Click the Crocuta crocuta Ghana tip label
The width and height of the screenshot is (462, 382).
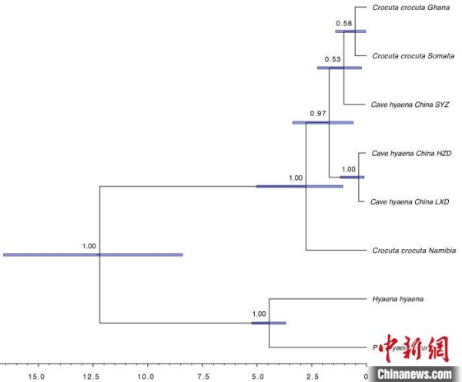click(x=410, y=8)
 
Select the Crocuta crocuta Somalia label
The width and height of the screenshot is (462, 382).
click(x=413, y=55)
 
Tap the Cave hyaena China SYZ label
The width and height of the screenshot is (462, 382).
click(x=410, y=104)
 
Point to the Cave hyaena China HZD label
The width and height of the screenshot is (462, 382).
click(x=410, y=153)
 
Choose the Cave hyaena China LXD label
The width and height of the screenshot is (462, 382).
click(x=410, y=202)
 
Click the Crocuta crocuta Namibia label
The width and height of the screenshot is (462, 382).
click(x=414, y=251)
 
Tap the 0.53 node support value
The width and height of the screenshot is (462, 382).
click(x=332, y=59)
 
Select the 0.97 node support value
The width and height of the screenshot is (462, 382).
click(x=318, y=113)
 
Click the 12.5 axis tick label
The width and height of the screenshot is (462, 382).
click(x=91, y=377)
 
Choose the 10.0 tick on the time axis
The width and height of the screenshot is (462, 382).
click(x=145, y=377)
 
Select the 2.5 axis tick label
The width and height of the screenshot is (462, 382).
click(x=313, y=377)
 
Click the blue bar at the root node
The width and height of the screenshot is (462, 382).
click(x=93, y=254)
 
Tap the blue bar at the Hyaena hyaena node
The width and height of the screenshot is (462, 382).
click(x=269, y=323)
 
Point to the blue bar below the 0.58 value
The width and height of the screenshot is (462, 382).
click(x=350, y=32)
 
